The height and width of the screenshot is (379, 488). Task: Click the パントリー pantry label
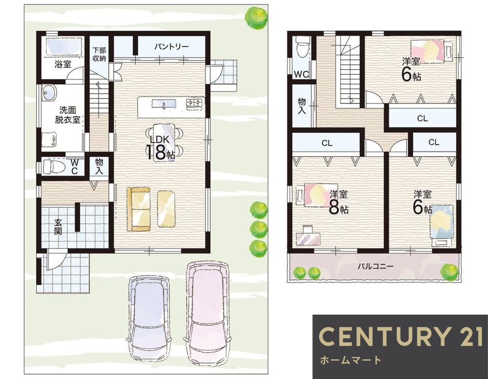click(171, 47)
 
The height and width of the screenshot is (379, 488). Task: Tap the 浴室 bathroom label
click(63, 64)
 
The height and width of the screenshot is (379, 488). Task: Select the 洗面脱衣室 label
click(67, 115)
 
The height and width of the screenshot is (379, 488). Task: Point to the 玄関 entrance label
click(58, 226)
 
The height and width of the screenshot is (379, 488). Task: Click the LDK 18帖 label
click(160, 148)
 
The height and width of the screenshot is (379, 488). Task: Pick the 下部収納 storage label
click(99, 54)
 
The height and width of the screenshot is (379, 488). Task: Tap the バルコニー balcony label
click(375, 266)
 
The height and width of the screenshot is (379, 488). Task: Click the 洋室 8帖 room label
click(339, 202)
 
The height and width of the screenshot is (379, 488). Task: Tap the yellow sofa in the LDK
click(139, 209)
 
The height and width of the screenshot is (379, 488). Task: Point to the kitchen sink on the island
click(164, 103)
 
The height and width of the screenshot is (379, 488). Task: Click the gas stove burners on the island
click(194, 103)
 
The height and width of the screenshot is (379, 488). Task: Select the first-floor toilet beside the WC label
click(54, 167)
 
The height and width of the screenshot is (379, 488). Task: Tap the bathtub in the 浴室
click(64, 46)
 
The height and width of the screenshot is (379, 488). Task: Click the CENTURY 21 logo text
click(401, 337)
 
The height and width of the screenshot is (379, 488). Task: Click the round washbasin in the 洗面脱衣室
click(49, 93)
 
